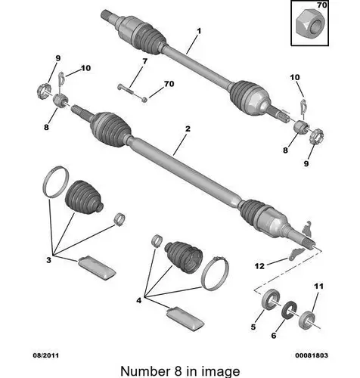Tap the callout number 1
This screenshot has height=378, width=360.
coord(199,31)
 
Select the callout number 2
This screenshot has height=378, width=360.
coord(188,129)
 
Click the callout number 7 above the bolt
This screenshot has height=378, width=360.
coord(144,61)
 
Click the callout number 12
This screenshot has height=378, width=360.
coord(259,266)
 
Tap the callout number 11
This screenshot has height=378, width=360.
coord(318,287)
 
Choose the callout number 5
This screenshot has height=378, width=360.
coord(253,327)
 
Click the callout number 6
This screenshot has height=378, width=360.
coord(274,336)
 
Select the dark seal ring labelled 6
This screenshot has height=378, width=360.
coord(289,311)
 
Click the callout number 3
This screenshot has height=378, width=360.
coord(48,260)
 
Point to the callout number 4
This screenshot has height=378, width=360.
coord(139,300)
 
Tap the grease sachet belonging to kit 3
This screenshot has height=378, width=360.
coord(98,268)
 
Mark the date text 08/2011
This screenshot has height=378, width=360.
coord(46,355)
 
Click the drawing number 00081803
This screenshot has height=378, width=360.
coord(312,355)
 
